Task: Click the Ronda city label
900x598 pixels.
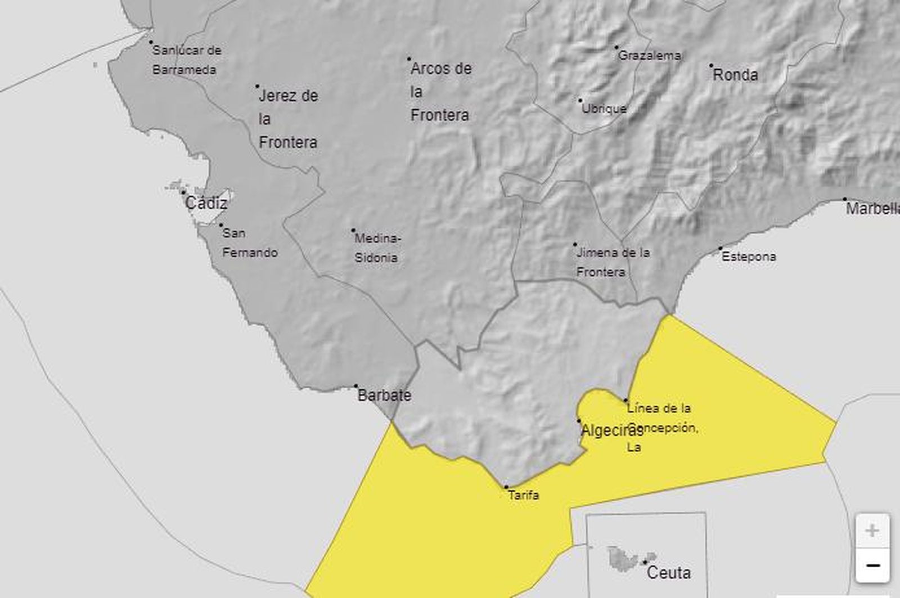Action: coord(735,75)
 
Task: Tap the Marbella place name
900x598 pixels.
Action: coord(872,209)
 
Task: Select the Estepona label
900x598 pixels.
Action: coord(749,257)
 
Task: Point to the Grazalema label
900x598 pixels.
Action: coord(650,56)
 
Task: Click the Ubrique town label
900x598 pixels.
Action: coord(604,109)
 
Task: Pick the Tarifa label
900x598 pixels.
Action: coord(523,496)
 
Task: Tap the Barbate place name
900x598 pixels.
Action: coord(384,395)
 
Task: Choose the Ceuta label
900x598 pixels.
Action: coord(669,573)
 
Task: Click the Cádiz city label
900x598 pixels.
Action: coord(206,203)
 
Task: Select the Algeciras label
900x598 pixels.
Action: coord(611,431)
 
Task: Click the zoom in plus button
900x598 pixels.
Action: coord(872,530)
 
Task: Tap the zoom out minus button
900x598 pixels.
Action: coord(872,565)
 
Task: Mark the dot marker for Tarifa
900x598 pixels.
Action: coord(506,487)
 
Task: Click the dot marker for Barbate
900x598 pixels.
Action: coord(355,386)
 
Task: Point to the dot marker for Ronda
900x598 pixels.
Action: coord(711,66)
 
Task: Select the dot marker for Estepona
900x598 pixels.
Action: coord(721,248)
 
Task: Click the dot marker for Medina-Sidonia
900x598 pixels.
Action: coord(353,230)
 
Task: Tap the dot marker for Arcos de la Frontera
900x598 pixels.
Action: coord(409,59)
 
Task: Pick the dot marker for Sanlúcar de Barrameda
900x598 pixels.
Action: coord(151,42)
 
